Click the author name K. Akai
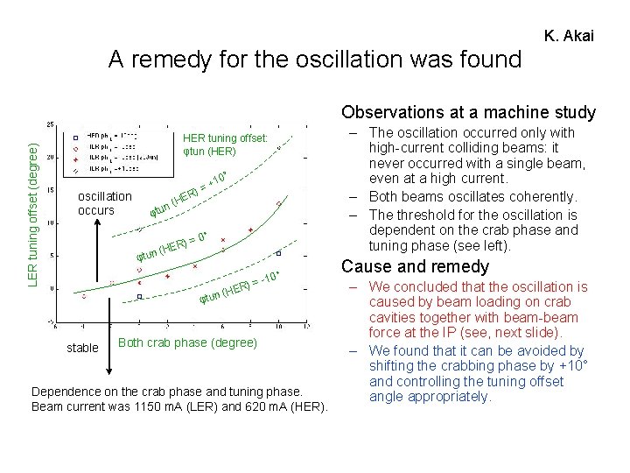[x=569, y=36]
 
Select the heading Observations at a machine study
[x=468, y=112]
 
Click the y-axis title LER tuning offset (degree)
[x=32, y=215]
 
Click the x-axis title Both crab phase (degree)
[x=187, y=342]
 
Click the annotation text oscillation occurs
[x=104, y=203]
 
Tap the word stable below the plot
[x=82, y=348]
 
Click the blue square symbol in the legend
[x=76, y=136]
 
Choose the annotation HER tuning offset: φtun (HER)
[x=225, y=145]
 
